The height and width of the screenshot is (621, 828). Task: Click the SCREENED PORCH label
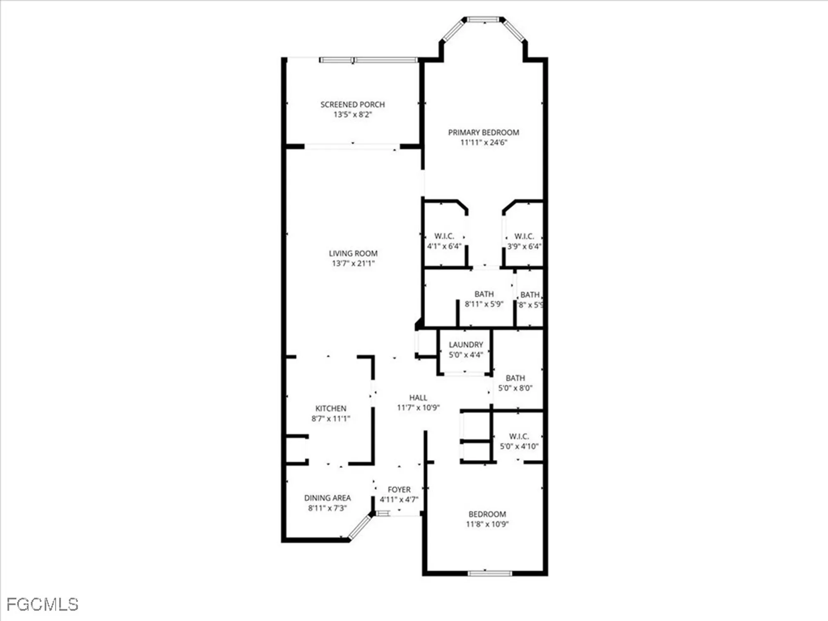(x=352, y=105)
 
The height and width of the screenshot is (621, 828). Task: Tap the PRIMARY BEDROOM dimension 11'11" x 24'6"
(x=484, y=142)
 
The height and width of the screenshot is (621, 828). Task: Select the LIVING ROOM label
(x=353, y=253)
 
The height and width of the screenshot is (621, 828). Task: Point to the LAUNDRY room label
(x=466, y=344)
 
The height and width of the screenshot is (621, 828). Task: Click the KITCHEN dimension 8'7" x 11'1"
(x=331, y=419)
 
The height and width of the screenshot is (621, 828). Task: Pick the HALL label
(x=418, y=397)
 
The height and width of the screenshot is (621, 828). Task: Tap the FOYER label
(x=399, y=489)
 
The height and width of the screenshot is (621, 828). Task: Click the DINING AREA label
(x=327, y=498)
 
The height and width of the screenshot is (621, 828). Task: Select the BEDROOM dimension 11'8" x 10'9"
(x=487, y=524)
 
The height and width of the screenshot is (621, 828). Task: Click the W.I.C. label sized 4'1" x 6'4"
(x=444, y=236)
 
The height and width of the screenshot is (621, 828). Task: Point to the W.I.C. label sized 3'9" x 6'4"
(x=524, y=236)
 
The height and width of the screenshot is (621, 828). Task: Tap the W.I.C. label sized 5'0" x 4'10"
(x=519, y=436)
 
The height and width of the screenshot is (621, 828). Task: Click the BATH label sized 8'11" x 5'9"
(x=484, y=294)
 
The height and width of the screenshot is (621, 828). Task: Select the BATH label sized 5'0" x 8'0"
(x=515, y=378)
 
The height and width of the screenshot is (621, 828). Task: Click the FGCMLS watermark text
(x=42, y=605)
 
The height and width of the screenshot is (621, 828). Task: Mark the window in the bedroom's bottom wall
(x=490, y=573)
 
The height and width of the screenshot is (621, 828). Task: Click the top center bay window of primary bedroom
(x=483, y=19)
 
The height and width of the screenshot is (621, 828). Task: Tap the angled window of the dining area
(x=360, y=527)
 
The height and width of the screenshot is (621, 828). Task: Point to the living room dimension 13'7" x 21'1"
(x=353, y=263)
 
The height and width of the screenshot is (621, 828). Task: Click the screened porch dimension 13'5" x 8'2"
(x=352, y=115)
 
